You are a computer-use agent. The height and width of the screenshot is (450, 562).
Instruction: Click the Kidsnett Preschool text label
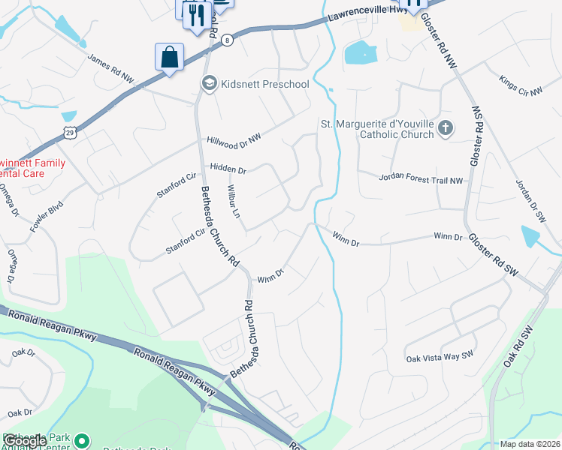pyautogui.click(x=264, y=83)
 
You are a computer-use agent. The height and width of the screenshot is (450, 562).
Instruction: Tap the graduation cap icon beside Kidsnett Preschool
pyautogui.click(x=210, y=83)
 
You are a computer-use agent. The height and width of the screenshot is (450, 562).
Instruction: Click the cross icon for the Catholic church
pyautogui.click(x=445, y=128)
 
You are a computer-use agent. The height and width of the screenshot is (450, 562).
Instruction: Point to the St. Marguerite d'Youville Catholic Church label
pyautogui.click(x=376, y=129)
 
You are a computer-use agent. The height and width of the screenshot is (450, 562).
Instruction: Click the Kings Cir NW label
pyautogui.click(x=521, y=85)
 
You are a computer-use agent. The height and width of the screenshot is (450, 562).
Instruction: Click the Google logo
pyautogui.click(x=26, y=441)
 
